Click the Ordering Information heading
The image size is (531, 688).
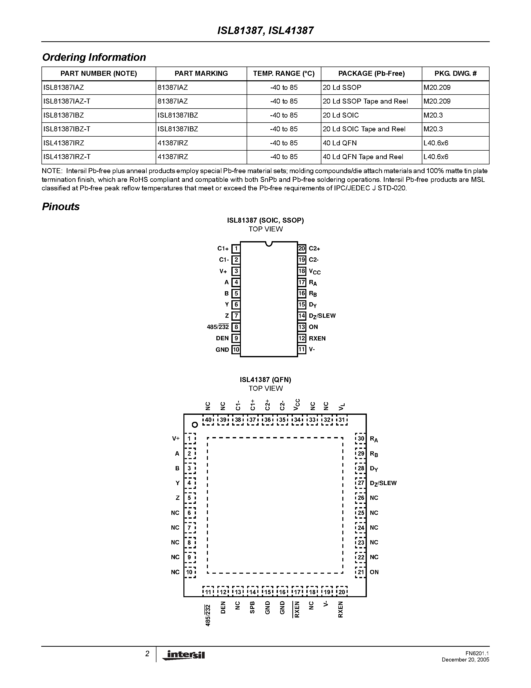[94, 57]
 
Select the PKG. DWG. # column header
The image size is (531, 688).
[455, 74]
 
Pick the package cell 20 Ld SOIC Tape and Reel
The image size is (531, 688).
[364, 129]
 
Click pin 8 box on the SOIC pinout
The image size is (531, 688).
[236, 327]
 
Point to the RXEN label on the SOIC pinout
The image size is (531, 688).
[317, 338]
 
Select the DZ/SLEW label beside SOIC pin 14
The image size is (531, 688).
[322, 316]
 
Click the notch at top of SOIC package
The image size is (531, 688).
[269, 243]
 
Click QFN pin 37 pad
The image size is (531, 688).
[252, 420]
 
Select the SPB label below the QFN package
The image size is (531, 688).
[252, 608]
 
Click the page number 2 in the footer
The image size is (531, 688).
[147, 654]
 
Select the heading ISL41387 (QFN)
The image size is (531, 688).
[265, 380]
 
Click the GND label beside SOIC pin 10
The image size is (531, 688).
[222, 350]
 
